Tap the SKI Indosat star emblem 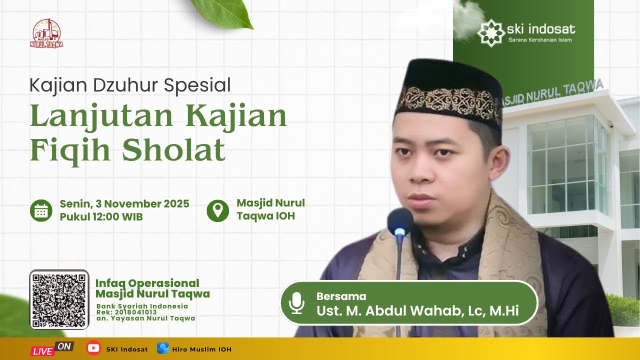(x=490, y=32)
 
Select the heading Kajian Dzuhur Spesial (x=130, y=85)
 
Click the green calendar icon (x=41, y=210)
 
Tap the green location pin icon (x=217, y=210)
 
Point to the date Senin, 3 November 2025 (x=124, y=203)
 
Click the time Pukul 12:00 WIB (x=101, y=217)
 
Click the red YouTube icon (x=93, y=348)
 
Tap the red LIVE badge (x=43, y=351)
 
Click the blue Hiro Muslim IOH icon (x=162, y=348)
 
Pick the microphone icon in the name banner (x=296, y=303)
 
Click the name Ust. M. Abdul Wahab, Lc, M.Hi (x=417, y=310)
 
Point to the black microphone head (x=400, y=222)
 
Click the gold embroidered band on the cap (x=447, y=102)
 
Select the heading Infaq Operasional (x=147, y=283)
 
